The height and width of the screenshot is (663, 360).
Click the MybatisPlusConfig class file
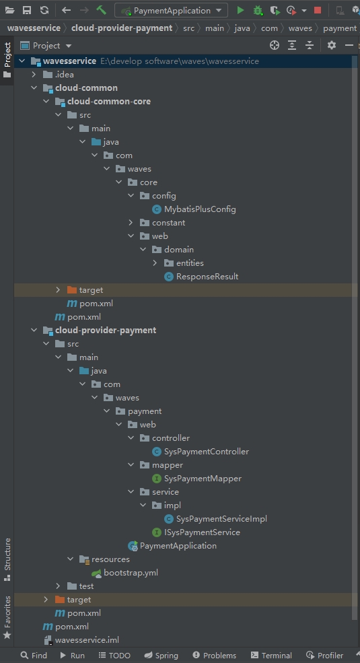click(x=200, y=209)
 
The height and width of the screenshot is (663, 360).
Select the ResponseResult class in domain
click(x=207, y=277)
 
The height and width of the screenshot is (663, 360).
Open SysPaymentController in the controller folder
click(x=206, y=452)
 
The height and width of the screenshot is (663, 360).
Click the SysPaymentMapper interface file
click(x=203, y=479)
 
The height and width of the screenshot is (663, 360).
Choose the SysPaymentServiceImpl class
click(x=221, y=519)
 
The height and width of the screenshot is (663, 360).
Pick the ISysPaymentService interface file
click(x=202, y=532)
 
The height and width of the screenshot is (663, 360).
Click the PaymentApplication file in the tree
click(x=178, y=546)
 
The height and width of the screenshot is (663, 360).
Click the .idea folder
click(x=64, y=75)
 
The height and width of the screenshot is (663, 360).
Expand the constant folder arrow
click(x=131, y=223)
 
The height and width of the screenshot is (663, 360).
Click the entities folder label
click(x=190, y=263)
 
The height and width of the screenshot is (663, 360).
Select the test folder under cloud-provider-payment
click(x=86, y=586)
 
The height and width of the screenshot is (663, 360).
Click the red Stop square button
click(x=318, y=10)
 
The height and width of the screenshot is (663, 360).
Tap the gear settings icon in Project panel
click(x=332, y=45)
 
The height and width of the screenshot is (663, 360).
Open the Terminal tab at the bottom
click(x=271, y=656)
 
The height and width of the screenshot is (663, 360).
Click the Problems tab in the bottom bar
click(x=214, y=656)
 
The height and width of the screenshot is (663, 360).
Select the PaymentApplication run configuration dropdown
click(x=171, y=10)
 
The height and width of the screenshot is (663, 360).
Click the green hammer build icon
click(x=102, y=10)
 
